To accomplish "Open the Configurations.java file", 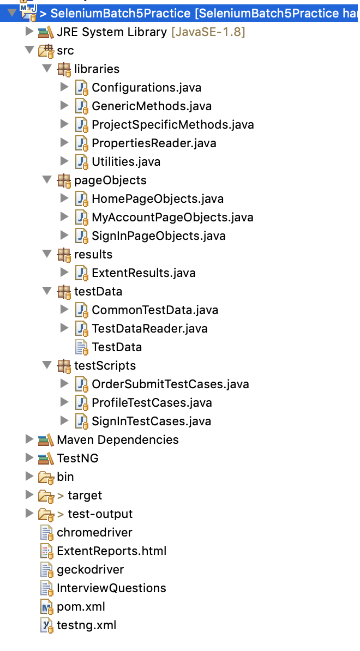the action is point(146,88).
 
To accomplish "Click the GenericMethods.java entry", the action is point(152,106).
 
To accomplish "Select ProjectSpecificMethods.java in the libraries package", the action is point(173,124).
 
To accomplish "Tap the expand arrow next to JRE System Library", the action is point(29,32).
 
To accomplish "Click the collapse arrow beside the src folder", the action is point(29,50).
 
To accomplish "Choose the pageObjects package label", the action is point(110,180).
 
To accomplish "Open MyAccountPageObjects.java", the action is point(172,217).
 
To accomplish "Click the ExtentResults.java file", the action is point(143,273).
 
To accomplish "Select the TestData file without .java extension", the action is point(117,347).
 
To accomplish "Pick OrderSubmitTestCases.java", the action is point(170,384).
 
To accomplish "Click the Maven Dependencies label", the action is point(117,439).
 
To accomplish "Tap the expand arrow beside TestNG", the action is point(29,458).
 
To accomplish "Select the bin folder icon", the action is point(46,477).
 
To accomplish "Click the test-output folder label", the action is point(100,514).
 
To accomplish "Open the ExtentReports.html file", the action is point(111,551).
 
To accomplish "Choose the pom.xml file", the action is point(81,607).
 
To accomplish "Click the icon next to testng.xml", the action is point(46,626).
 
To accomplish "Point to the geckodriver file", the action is point(90,570).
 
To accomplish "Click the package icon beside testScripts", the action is point(63,366).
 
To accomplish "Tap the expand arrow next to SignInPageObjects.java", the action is point(64,236).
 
